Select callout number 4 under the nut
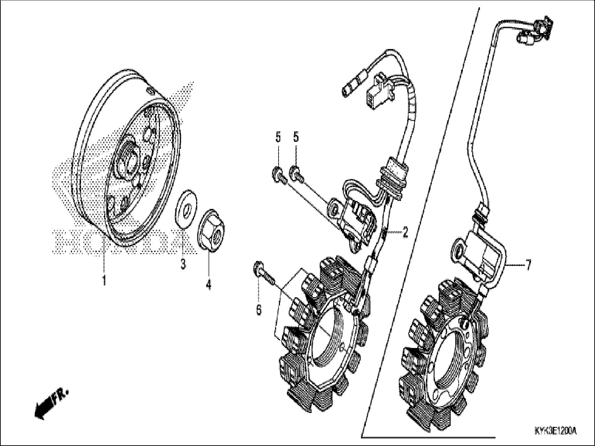(208, 285)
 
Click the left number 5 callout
(278, 137)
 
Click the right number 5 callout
(296, 137)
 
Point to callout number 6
(259, 309)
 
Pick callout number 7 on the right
(528, 266)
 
